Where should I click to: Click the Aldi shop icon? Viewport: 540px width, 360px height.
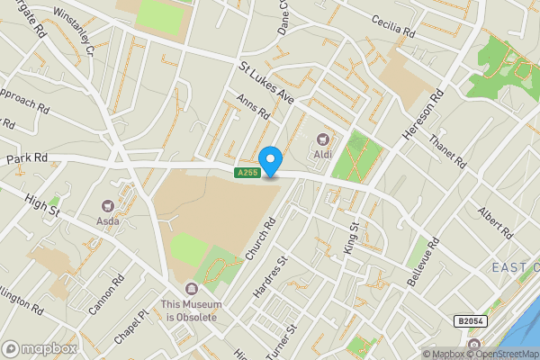click(x=322, y=140)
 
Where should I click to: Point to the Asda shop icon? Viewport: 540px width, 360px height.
click(x=109, y=208)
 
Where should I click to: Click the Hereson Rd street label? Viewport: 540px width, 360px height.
click(x=423, y=112)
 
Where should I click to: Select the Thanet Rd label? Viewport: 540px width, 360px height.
click(x=447, y=151)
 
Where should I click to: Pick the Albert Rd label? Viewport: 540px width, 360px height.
click(x=495, y=220)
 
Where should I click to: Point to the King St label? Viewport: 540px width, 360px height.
click(x=351, y=237)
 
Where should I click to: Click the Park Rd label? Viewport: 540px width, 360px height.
click(x=26, y=158)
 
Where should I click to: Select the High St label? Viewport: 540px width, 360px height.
click(x=41, y=205)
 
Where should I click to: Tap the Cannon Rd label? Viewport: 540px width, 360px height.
click(x=105, y=294)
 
